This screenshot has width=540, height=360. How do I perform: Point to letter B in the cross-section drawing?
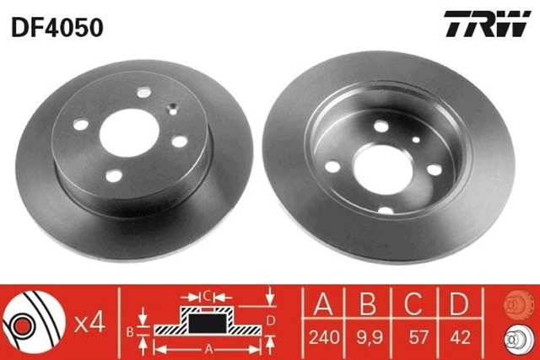(130, 331)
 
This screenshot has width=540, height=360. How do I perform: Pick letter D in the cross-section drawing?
(270, 320)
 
